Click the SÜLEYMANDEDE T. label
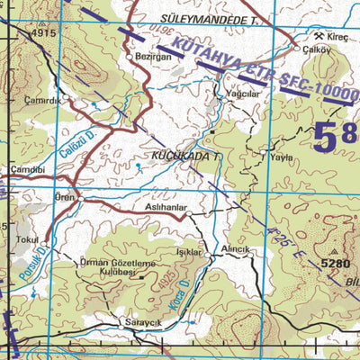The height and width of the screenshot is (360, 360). point(214,18)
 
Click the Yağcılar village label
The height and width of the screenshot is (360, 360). point(238,93)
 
